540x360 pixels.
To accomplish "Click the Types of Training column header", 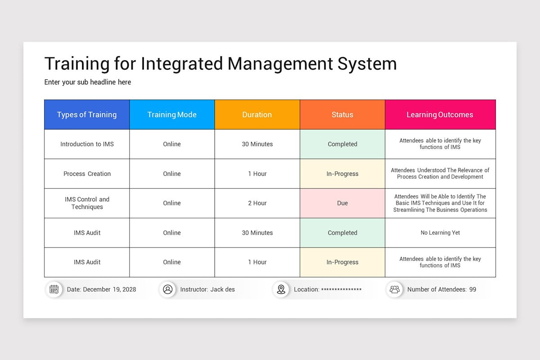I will point(87,115).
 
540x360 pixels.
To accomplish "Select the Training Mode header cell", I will point(172,115).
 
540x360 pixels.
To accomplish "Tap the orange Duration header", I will point(257,115).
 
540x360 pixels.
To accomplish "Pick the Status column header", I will point(342,115).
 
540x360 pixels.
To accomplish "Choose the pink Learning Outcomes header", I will point(440,115).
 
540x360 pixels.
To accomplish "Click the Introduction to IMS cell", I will point(87,144).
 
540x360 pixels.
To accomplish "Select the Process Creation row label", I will point(87,174).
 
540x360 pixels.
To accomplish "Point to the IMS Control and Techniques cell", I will point(87,203).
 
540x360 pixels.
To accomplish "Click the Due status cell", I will point(342,203).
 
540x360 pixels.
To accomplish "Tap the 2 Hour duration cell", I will point(257,203).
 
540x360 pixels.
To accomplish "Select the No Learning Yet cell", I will point(440,233).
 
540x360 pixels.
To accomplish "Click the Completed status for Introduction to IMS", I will point(342,144).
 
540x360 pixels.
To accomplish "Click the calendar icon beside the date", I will point(54,289).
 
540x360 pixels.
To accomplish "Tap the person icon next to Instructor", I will point(168,289).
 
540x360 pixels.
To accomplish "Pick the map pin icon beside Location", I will point(281,289).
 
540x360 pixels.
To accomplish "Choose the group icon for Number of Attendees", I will point(395,289).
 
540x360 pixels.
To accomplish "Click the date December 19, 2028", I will point(109,289).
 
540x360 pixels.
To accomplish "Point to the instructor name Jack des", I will point(222,289).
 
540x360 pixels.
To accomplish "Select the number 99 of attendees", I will point(472,289).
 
